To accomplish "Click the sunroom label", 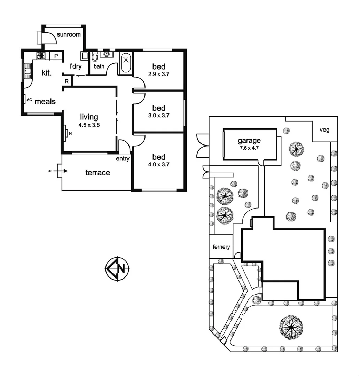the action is [69, 34].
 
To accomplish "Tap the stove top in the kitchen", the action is [41, 55].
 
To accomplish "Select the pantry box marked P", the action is [56, 56].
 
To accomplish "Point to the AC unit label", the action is [29, 100].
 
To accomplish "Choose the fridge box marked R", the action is [66, 81].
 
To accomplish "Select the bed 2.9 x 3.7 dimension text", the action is [158, 74].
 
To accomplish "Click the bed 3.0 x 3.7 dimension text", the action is [158, 116].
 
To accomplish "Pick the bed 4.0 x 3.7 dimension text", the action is [158, 165].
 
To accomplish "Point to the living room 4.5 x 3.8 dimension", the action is [89, 125].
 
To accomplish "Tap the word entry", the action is [123, 159].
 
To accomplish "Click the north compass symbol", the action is [117, 268].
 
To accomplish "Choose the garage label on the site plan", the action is [249, 141].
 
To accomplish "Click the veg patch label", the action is [324, 130].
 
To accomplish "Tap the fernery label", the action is [221, 247].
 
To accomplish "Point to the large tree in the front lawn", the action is [291, 327].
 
